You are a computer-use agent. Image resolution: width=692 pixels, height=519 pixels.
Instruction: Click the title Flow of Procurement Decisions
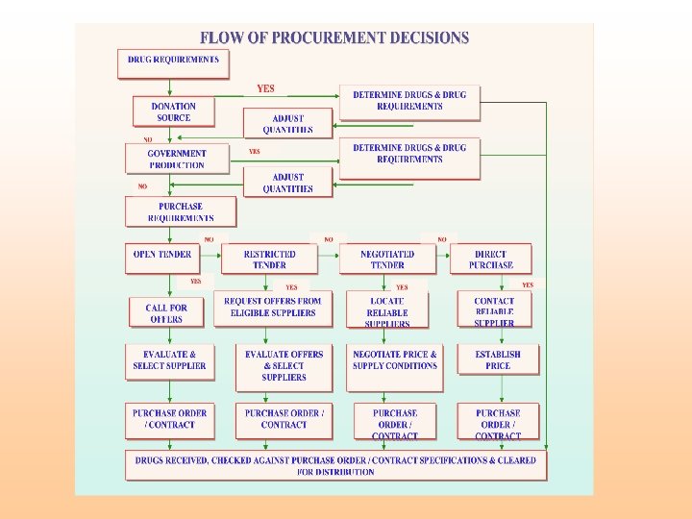pos(334,38)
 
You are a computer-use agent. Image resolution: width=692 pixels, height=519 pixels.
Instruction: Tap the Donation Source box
pos(174,111)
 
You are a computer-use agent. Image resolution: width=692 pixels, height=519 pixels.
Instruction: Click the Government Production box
pos(177,159)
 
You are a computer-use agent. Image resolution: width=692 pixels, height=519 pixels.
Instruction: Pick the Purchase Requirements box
pos(180,211)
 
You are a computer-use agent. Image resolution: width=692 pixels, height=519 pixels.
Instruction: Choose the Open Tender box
pos(162,259)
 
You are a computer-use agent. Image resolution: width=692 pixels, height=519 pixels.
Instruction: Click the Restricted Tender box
pos(270,259)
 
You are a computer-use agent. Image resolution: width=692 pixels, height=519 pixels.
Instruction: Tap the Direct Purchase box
pos(490,259)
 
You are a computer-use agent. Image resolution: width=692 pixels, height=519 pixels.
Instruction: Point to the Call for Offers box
pos(166,312)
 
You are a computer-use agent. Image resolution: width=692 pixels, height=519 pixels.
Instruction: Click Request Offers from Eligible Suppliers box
pos(273,308)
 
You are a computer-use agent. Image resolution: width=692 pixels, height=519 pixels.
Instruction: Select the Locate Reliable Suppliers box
pos(387,311)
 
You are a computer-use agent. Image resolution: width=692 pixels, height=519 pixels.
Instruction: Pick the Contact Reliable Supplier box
pos(494,311)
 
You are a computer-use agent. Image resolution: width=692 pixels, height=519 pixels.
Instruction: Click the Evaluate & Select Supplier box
pos(169,365)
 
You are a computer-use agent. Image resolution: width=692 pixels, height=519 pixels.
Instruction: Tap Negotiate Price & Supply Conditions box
pos(394,365)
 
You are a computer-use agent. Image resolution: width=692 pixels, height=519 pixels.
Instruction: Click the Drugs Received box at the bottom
pos(336,466)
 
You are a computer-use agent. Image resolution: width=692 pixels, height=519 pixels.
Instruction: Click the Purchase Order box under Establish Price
pos(498,423)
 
